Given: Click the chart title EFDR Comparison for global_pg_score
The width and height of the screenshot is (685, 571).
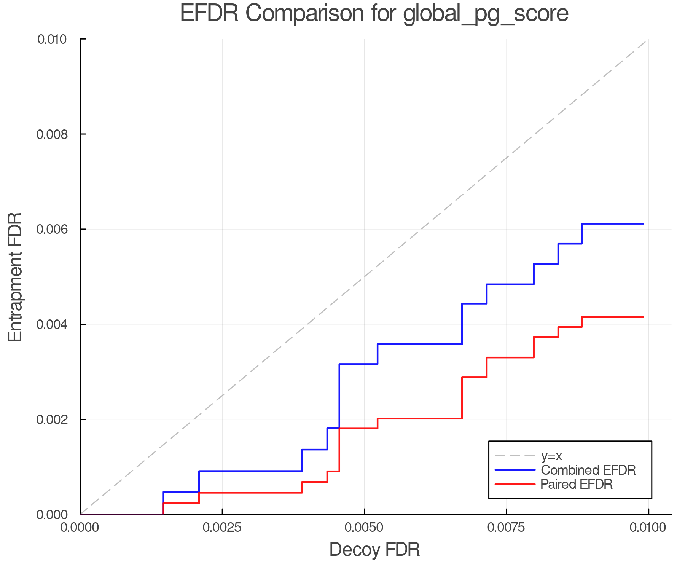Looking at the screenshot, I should point(374,14).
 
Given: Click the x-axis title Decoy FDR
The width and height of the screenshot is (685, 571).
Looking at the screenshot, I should point(374,550).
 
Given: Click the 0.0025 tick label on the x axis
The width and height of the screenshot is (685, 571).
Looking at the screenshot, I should point(222,528).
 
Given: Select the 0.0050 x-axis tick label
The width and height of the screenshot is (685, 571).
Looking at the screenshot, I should point(365,528).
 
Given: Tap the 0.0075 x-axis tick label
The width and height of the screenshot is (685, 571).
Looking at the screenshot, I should point(507,528).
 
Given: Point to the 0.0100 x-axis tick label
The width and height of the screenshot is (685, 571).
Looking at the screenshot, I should point(648,528).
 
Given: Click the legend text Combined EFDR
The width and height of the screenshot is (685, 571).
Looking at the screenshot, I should point(588,470).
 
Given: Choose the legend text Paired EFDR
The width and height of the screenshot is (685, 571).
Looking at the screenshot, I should point(577,484).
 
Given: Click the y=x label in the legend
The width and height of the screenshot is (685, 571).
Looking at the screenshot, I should point(551,456).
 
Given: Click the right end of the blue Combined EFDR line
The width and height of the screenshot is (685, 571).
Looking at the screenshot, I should point(643,224).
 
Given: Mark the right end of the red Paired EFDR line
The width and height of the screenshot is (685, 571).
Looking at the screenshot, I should point(643,317).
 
